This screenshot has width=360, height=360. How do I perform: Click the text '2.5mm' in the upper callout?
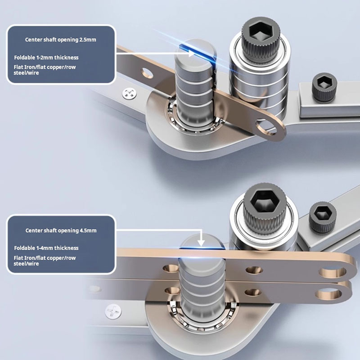[88, 40]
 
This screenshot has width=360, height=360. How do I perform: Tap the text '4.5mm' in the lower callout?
[88, 230]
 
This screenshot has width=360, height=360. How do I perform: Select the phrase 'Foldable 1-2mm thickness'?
[46, 58]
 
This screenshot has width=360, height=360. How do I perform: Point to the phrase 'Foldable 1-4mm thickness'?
[46, 248]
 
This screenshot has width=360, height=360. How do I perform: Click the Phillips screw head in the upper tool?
[130, 94]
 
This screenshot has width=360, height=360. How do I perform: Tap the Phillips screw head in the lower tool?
[113, 311]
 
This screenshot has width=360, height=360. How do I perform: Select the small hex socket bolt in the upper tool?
[324, 87]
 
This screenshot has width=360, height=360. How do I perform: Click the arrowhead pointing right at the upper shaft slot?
[191, 54]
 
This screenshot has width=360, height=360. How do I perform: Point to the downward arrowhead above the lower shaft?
[201, 243]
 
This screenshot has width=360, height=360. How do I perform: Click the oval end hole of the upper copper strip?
[266, 127]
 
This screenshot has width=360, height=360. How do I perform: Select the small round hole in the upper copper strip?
[147, 73]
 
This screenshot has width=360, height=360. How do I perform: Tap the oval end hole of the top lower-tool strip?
[333, 272]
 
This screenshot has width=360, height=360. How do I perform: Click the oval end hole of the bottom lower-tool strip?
[328, 294]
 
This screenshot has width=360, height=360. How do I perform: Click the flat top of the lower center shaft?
[202, 241]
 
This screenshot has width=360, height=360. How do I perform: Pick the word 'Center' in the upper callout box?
[33, 40]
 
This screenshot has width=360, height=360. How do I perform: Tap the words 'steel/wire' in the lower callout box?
[26, 264]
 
